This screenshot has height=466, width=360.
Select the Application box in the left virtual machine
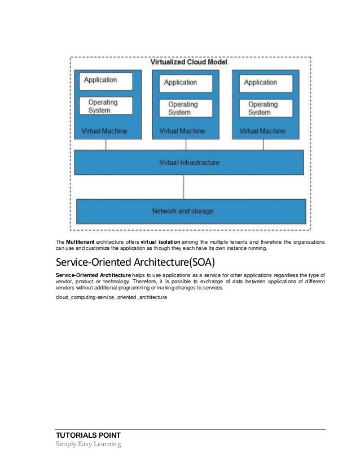tap(106, 81)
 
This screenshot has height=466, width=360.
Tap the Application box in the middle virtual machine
tap(185, 83)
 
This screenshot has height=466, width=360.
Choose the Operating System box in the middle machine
tap(186, 108)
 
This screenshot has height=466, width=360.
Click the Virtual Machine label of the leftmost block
tap(101, 131)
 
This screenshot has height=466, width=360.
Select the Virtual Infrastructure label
tap(189, 162)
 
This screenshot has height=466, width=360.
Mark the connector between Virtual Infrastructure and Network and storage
tap(183, 186)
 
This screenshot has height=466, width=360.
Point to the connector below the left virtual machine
tap(106, 144)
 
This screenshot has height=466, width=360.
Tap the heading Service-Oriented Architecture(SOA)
tap(131, 263)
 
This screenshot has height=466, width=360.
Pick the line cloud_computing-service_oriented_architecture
tap(111, 297)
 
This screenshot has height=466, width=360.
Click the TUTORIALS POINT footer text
tap(87, 435)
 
